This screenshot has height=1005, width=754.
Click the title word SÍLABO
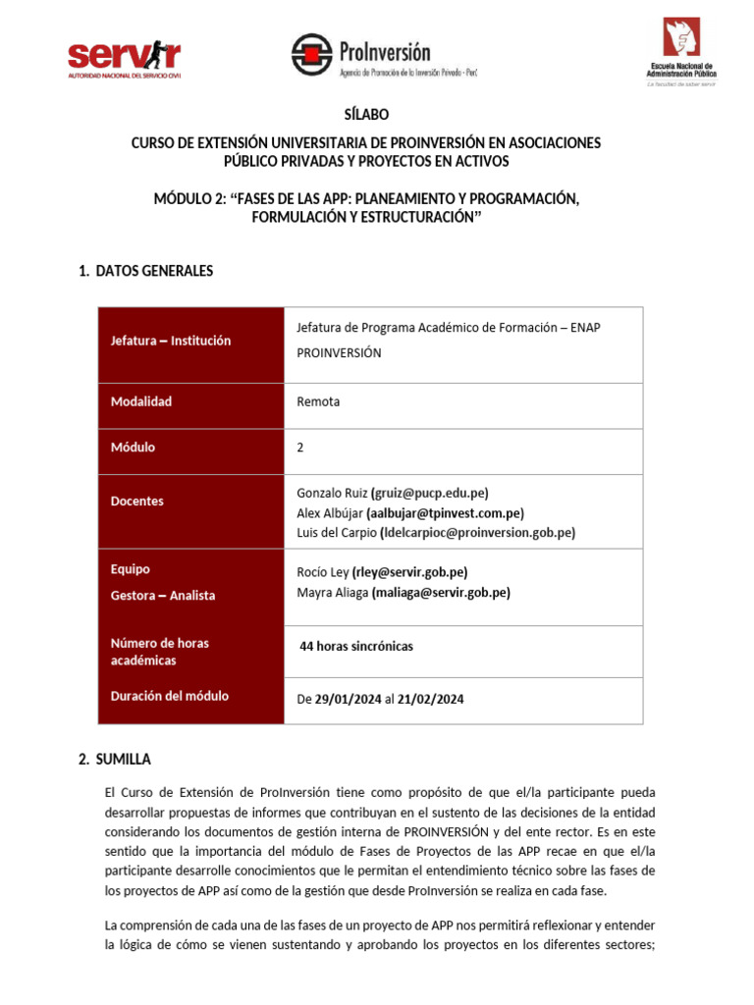point(366,115)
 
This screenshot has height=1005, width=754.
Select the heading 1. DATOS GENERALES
point(145,271)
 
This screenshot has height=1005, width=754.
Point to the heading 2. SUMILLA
point(115,759)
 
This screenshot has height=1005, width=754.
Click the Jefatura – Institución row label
point(171,341)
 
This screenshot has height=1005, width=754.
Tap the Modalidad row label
point(141,401)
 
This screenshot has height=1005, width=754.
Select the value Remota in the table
point(318,401)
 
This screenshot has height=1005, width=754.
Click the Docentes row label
point(137,501)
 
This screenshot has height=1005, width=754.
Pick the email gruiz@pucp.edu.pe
point(429,493)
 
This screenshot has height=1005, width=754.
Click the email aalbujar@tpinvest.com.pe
point(445,512)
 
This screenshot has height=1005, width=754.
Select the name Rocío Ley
point(322,572)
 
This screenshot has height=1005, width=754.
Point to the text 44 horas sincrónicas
point(356,646)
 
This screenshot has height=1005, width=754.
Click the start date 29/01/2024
point(348,700)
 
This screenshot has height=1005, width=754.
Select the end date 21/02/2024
point(430,700)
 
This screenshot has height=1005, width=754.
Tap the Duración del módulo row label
point(170,696)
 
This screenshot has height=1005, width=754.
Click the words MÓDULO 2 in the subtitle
point(188,199)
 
